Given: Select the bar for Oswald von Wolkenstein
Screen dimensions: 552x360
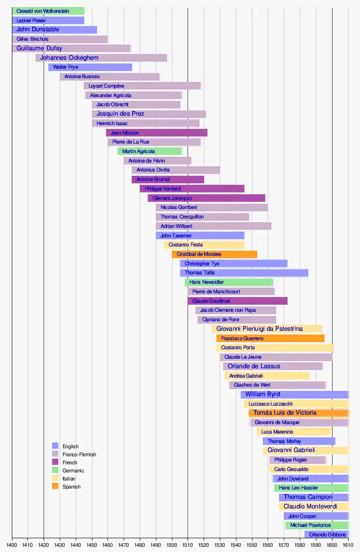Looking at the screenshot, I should point(48,11).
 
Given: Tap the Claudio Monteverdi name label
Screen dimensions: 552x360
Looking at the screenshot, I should point(310,507).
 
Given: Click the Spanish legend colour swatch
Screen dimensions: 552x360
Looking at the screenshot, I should point(55,486).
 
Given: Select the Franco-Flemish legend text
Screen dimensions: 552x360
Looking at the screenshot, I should point(79,454).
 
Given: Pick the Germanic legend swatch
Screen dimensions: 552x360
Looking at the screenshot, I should point(55,470).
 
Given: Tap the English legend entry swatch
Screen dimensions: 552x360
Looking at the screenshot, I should point(55,446).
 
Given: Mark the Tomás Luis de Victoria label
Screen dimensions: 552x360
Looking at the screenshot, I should point(285,413).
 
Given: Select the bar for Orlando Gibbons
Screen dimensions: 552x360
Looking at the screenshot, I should point(327,534).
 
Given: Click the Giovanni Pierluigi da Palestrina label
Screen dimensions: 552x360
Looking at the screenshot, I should point(260,329).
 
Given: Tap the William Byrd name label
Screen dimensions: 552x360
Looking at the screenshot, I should point(262,394).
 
